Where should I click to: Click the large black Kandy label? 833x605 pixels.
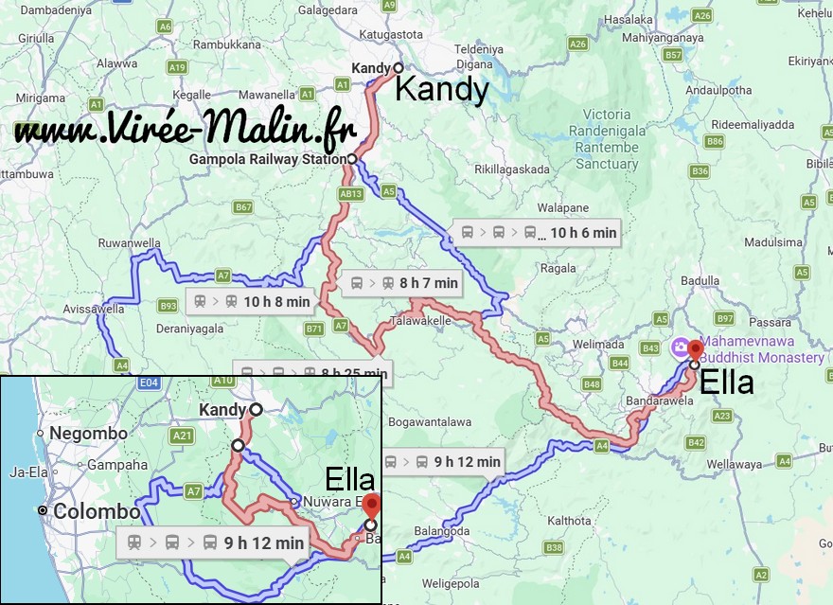coord(441,91)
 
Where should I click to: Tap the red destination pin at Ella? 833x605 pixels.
coord(696,348)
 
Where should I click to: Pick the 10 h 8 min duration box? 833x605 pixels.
coord(251,302)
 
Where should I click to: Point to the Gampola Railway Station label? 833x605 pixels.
coord(267,159)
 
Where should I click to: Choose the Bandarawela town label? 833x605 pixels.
coord(659,400)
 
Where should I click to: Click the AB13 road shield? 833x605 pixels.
coord(350,193)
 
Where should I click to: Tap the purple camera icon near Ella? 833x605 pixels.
coord(680,348)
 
